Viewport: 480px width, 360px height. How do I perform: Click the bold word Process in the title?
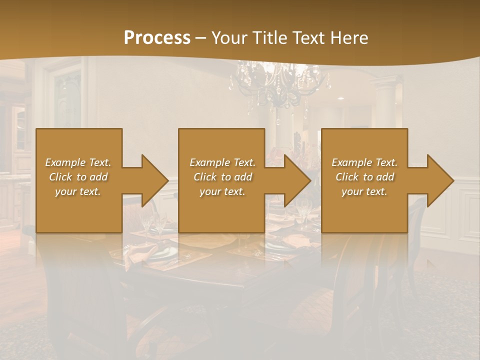pos(157,38)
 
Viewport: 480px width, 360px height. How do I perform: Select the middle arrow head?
pos(296,180)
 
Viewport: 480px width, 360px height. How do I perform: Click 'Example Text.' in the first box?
pos(78,162)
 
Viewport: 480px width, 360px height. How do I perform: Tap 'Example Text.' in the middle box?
pos(222,162)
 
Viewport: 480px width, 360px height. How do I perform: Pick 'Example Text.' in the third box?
pos(364,162)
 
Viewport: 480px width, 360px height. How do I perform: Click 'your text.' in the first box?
pos(78,191)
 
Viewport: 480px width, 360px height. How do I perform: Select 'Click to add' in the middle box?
pos(222,177)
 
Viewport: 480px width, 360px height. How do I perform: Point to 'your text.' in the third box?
pos(364,191)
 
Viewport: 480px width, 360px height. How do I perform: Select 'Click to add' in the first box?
pos(78,177)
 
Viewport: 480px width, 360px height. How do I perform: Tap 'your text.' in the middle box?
pos(222,191)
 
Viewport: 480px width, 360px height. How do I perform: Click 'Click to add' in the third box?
pos(364,177)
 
